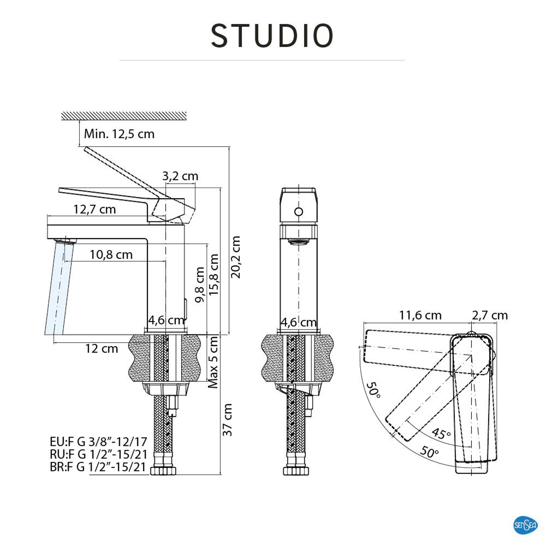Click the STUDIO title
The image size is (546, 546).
[x=272, y=36]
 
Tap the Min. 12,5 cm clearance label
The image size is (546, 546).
[x=119, y=134]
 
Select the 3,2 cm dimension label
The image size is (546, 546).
[x=180, y=176]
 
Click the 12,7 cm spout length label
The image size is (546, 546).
[x=95, y=209]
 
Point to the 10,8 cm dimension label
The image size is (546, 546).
[x=111, y=255]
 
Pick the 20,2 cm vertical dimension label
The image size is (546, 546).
[x=235, y=257]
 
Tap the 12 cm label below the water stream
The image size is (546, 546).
[x=102, y=349]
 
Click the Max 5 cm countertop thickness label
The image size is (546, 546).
[x=213, y=362]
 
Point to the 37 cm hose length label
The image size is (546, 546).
[x=228, y=420]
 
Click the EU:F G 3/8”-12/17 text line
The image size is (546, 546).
[x=98, y=441]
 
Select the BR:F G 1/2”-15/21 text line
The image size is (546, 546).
[x=98, y=467]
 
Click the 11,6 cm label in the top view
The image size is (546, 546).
[x=420, y=315]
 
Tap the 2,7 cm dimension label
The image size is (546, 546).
[x=489, y=315]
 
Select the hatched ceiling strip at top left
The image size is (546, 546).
[x=124, y=116]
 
